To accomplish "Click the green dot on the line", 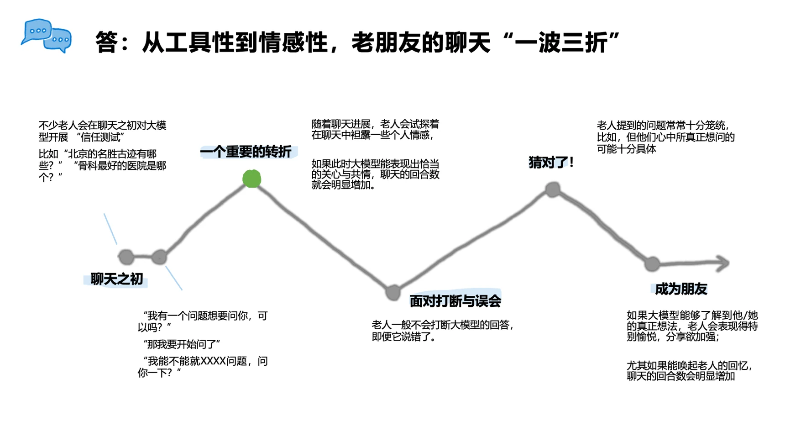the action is [251, 179].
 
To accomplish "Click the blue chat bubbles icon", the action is [47, 36].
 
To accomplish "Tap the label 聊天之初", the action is [117, 279].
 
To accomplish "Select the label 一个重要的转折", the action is [246, 152].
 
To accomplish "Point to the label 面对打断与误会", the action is [455, 301].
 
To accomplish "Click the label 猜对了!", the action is [551, 162].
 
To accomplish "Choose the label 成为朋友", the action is [681, 289].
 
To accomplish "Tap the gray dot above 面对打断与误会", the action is [392, 292].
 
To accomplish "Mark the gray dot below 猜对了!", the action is [552, 189].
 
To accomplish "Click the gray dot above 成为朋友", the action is [652, 263].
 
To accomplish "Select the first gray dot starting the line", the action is [126, 257].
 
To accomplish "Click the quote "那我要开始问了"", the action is [182, 344].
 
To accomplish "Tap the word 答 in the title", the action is [107, 42].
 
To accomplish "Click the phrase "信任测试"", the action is [100, 137].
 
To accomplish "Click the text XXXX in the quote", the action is [213, 361].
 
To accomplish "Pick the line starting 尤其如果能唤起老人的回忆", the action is [689, 366].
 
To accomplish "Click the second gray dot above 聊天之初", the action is [159, 257].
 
